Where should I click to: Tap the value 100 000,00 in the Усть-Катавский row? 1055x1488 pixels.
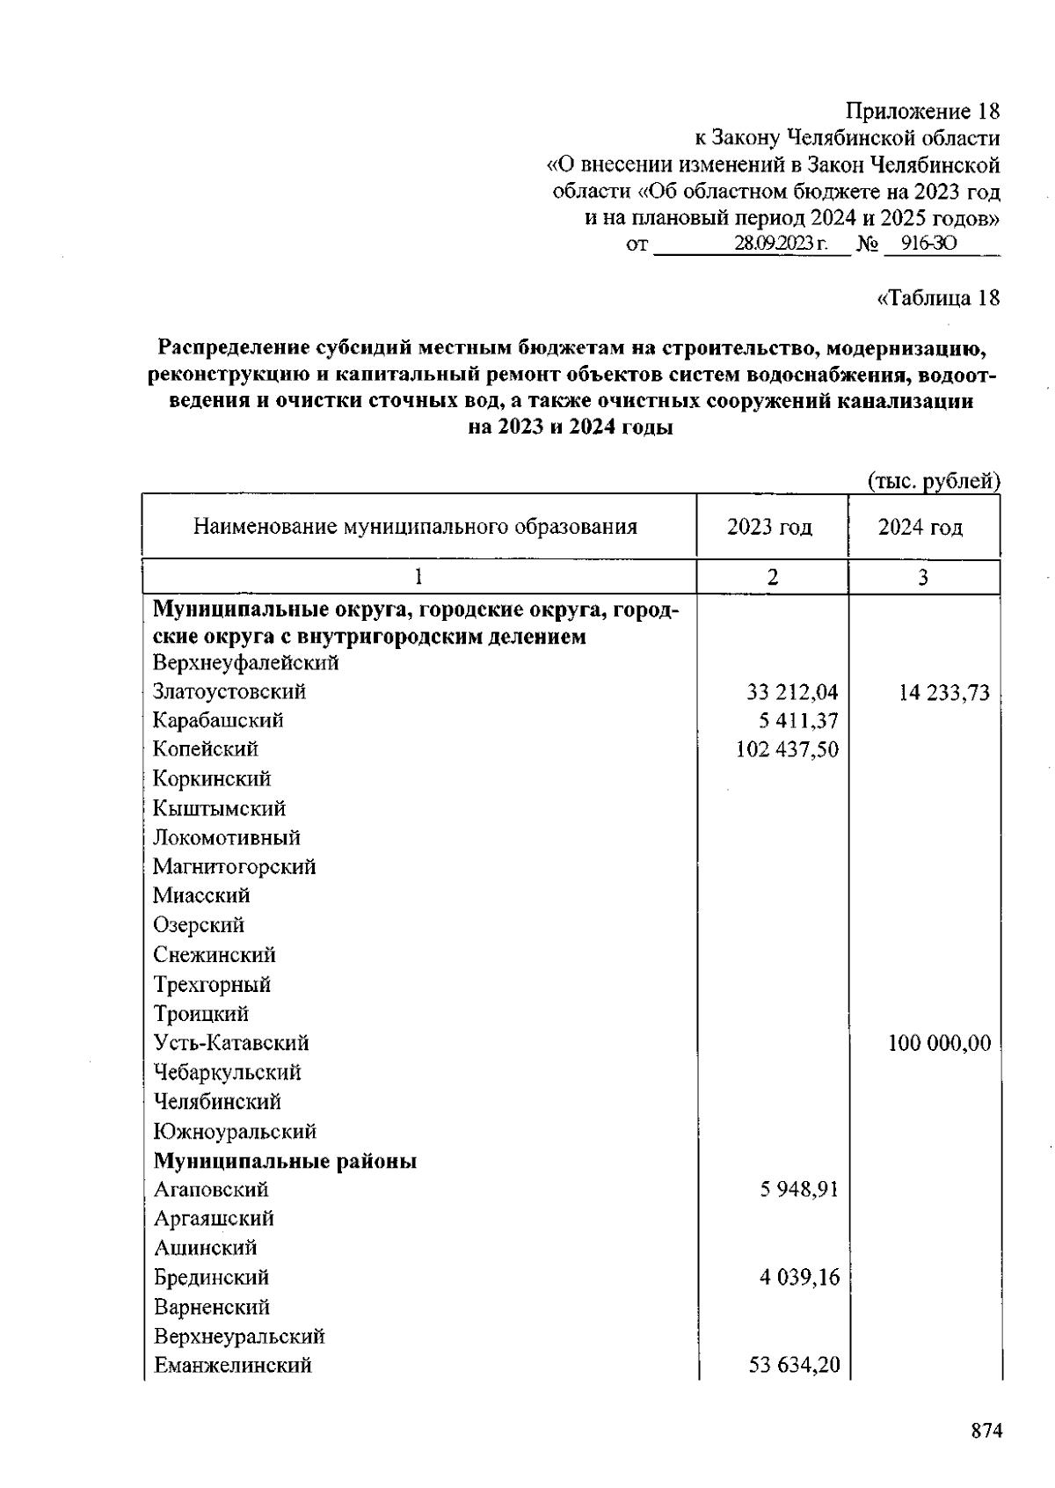[939, 1044]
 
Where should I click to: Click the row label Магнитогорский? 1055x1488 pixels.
[234, 867]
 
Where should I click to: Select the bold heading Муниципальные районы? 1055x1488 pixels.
[285, 1161]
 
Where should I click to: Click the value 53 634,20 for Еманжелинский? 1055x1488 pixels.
[794, 1366]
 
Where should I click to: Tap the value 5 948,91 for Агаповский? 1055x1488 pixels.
[798, 1190]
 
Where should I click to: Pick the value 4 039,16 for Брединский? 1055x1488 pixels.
[799, 1277]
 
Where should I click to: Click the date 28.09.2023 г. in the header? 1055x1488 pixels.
[780, 244]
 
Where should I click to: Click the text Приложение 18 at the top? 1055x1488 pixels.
[922, 112]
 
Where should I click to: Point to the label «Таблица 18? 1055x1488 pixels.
[938, 298]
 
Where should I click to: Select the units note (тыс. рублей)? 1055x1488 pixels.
[934, 481]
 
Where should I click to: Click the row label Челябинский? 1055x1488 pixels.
[217, 1102]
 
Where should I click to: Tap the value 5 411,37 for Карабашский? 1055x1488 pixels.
[798, 721]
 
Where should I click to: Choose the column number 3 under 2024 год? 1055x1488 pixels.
[922, 577]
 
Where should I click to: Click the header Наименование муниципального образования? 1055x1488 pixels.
[415, 528]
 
